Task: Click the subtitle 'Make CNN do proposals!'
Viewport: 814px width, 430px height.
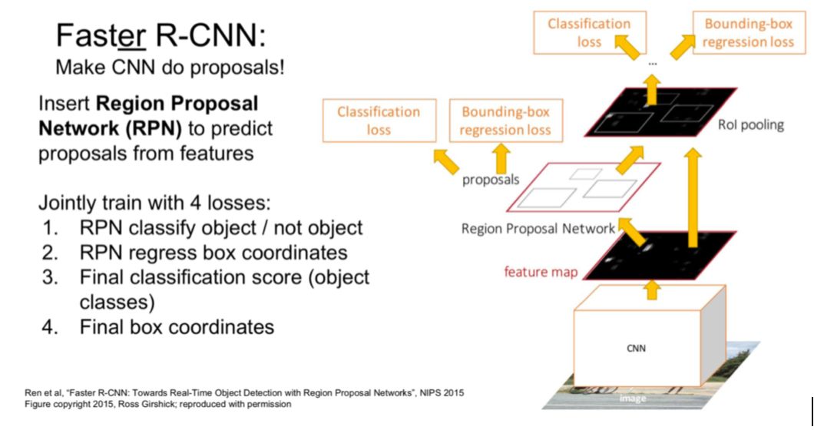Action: pyautogui.click(x=170, y=67)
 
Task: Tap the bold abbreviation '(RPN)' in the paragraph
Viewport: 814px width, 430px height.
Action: pyautogui.click(x=154, y=128)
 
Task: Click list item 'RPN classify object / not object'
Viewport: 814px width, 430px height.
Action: pyautogui.click(x=220, y=228)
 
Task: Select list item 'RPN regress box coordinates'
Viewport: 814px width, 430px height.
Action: pyautogui.click(x=213, y=253)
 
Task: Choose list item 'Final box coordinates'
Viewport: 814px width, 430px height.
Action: pyautogui.click(x=177, y=326)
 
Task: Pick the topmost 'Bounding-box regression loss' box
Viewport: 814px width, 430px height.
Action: pyautogui.click(x=743, y=32)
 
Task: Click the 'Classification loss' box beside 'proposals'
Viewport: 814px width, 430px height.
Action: pyautogui.click(x=379, y=121)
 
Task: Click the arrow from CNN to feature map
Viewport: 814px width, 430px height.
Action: pyautogui.click(x=653, y=289)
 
